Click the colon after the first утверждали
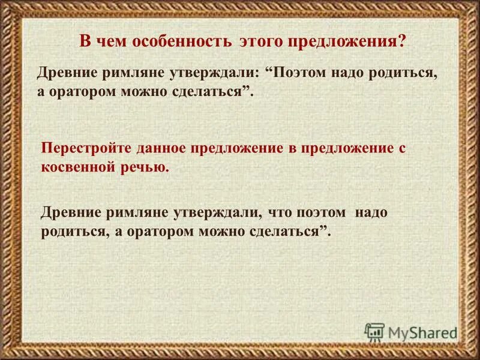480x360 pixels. click(x=256, y=72)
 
